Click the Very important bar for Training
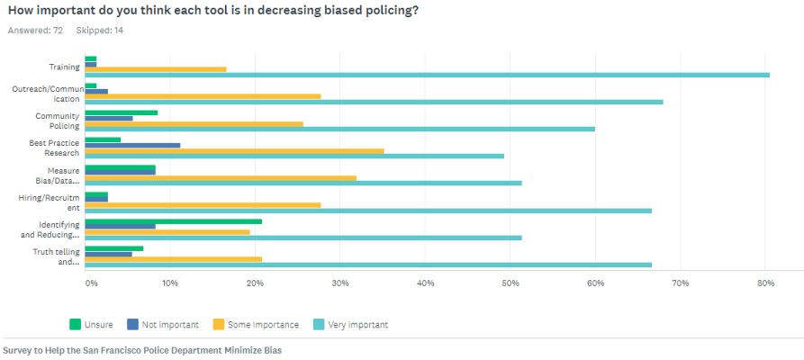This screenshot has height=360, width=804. point(428,75)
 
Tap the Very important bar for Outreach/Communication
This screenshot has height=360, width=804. point(375,102)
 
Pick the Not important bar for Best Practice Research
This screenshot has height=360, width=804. point(133,145)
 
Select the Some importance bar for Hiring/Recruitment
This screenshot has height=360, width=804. point(203,204)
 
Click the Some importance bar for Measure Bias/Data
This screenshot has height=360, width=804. point(221,177)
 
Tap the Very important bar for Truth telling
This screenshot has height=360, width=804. point(368,265)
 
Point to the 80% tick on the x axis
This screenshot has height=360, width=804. point(765,283)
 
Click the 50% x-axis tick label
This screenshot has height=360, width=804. point(510,283)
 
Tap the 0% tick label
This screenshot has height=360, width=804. point(91,283)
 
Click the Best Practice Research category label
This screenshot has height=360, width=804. point(56,148)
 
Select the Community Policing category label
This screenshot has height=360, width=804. point(58,121)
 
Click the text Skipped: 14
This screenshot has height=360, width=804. point(100,31)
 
